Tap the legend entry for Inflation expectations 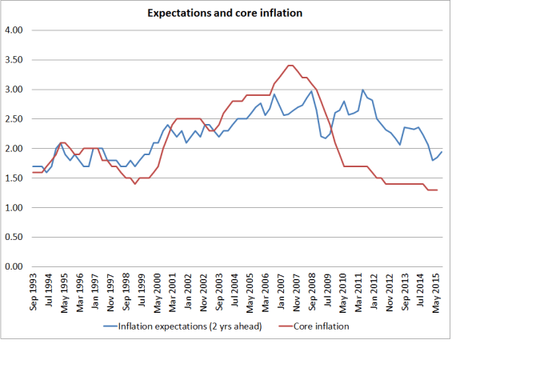coord(190,326)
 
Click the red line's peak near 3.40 coord(290,66)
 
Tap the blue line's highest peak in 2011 coord(362,90)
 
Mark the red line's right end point coord(437,190)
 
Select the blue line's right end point coord(442,152)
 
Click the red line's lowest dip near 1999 coord(135,184)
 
